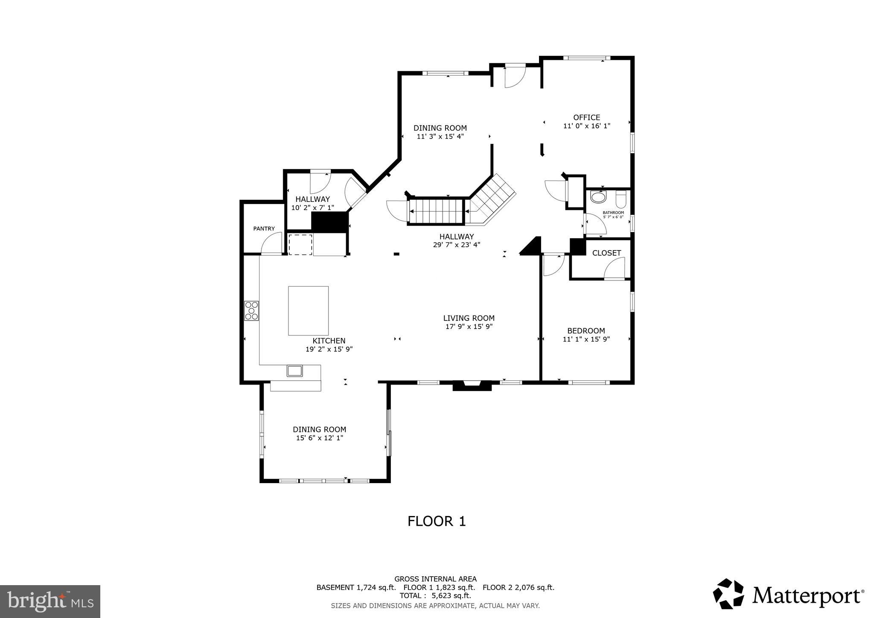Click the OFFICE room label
pos(586,117)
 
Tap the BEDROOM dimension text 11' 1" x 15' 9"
pos(586,339)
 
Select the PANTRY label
pos(264,229)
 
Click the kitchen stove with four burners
pos(251,311)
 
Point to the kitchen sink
pos(294,370)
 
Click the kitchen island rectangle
pos(308,311)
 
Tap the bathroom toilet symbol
pos(621,199)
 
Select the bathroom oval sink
pos(598,198)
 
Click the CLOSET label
pos(606,253)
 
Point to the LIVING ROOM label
pos(469,318)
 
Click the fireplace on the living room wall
pos(472,386)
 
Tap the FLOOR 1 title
pos(436,521)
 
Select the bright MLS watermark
pos(50,601)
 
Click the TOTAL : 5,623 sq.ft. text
pos(435,595)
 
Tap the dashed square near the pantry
pos(300,244)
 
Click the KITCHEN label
pos(329,341)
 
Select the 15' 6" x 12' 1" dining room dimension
pos(320,438)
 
